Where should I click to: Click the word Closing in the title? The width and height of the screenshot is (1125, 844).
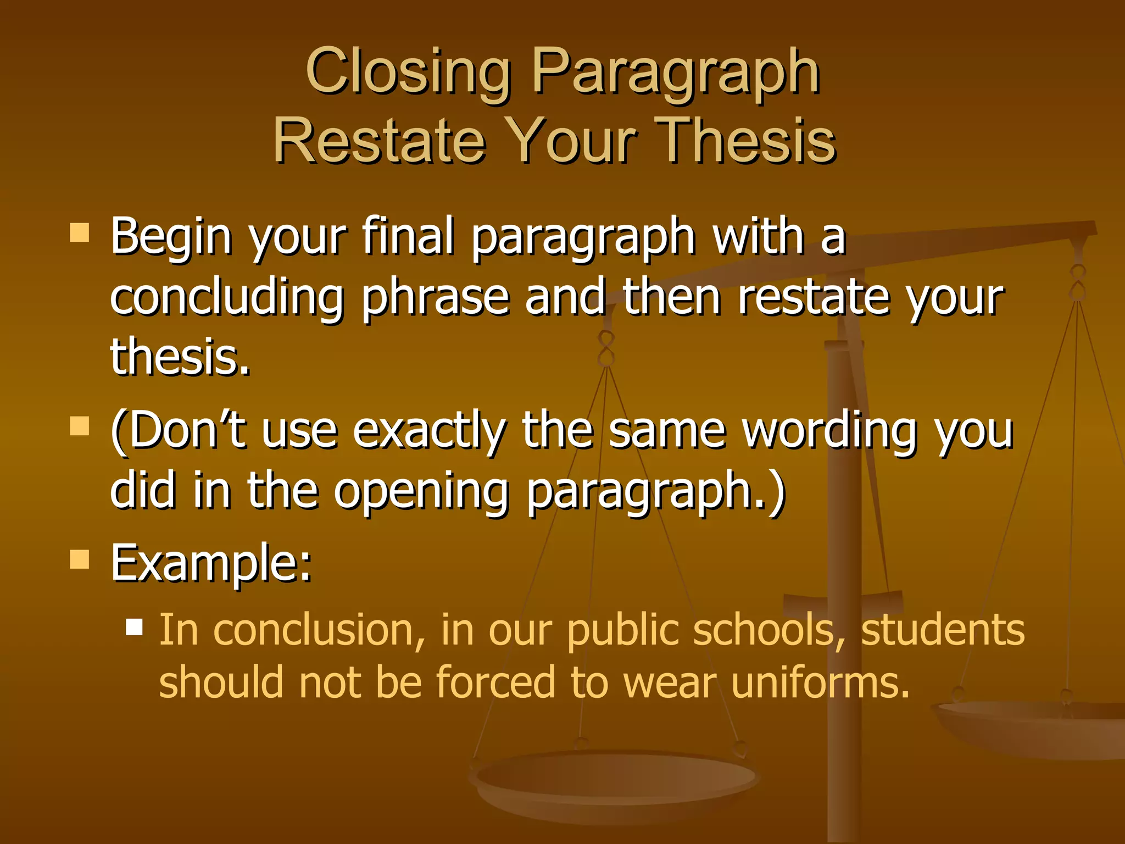point(408,71)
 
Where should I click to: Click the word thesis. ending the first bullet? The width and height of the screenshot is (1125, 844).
point(180,357)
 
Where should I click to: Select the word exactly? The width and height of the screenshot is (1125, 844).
point(428,431)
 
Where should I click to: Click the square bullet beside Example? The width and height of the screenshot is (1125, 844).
point(80,559)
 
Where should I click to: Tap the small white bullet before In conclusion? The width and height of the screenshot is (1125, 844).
point(134,627)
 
